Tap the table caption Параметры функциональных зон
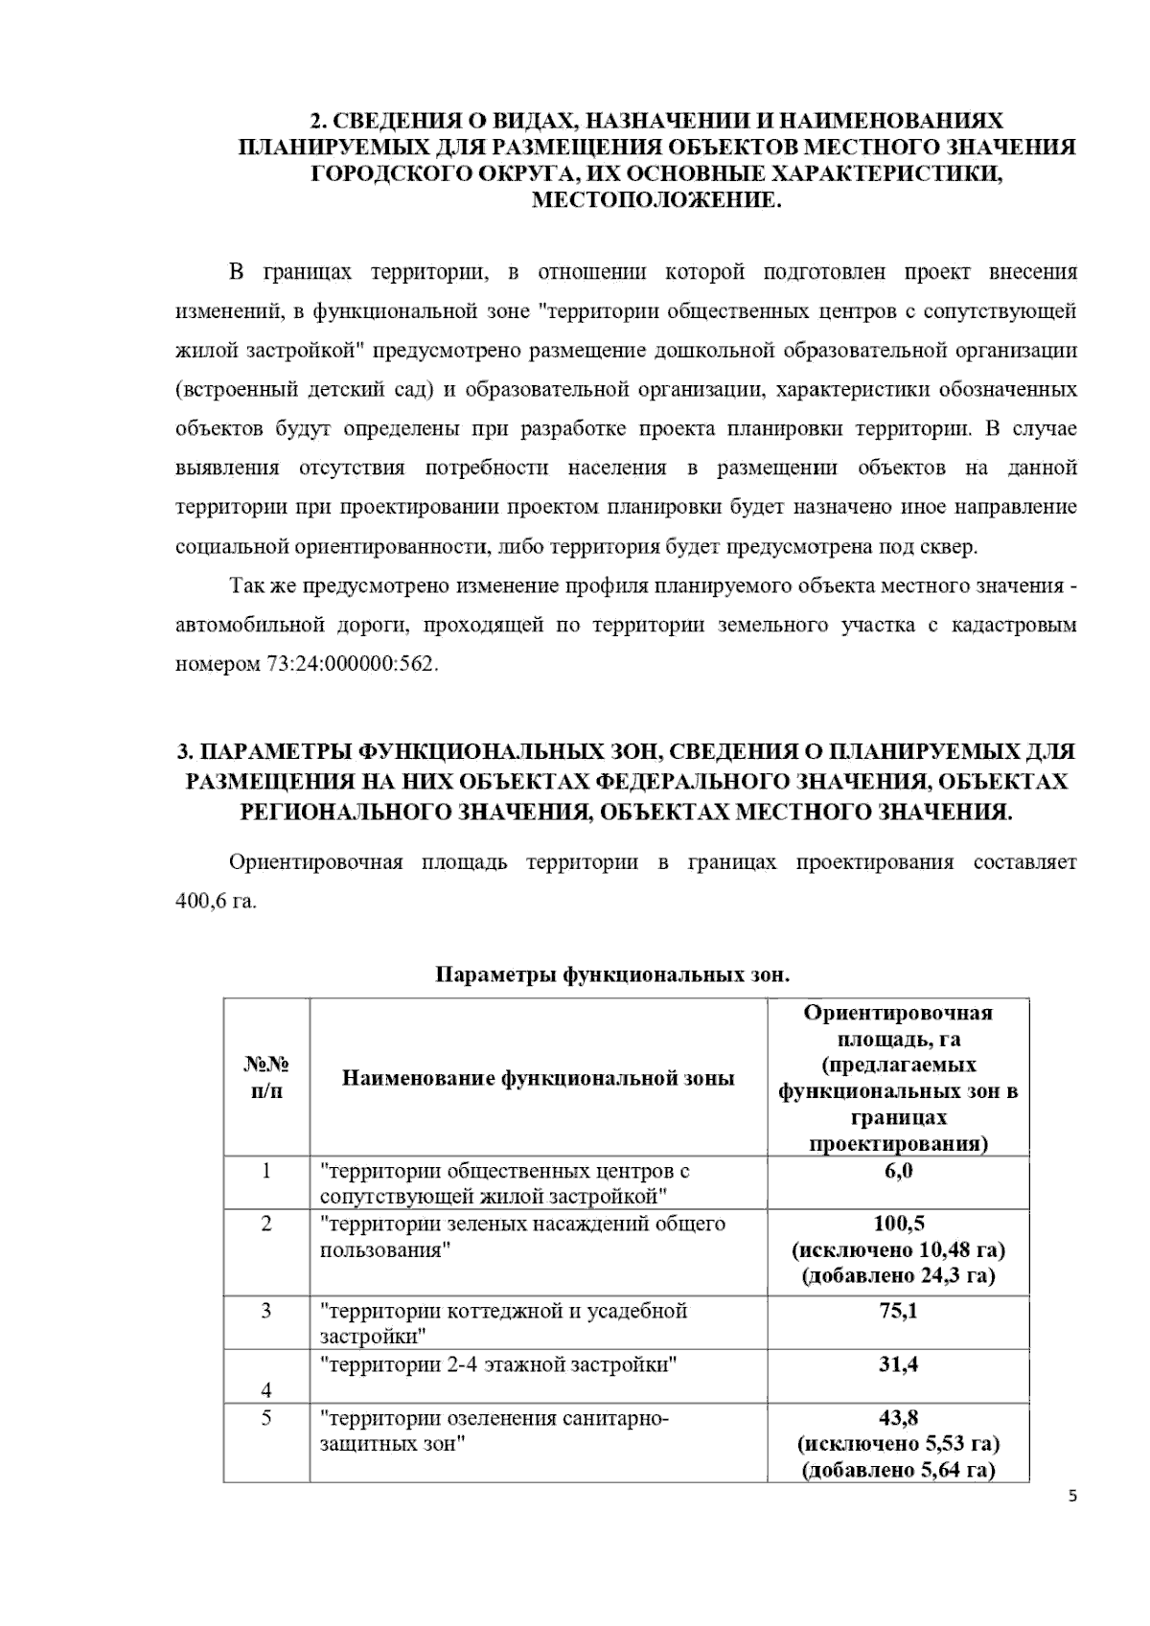(x=613, y=975)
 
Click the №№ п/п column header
(x=266, y=1078)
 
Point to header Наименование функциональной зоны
(x=539, y=1078)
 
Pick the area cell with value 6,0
(x=898, y=1171)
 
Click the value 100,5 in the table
(x=898, y=1224)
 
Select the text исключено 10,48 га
(x=898, y=1249)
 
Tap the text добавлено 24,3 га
(x=898, y=1276)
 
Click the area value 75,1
(x=898, y=1311)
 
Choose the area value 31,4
(x=898, y=1364)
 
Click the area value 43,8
(x=898, y=1417)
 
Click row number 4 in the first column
(x=266, y=1390)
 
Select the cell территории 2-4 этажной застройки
(x=498, y=1364)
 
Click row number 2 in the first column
(x=266, y=1224)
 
